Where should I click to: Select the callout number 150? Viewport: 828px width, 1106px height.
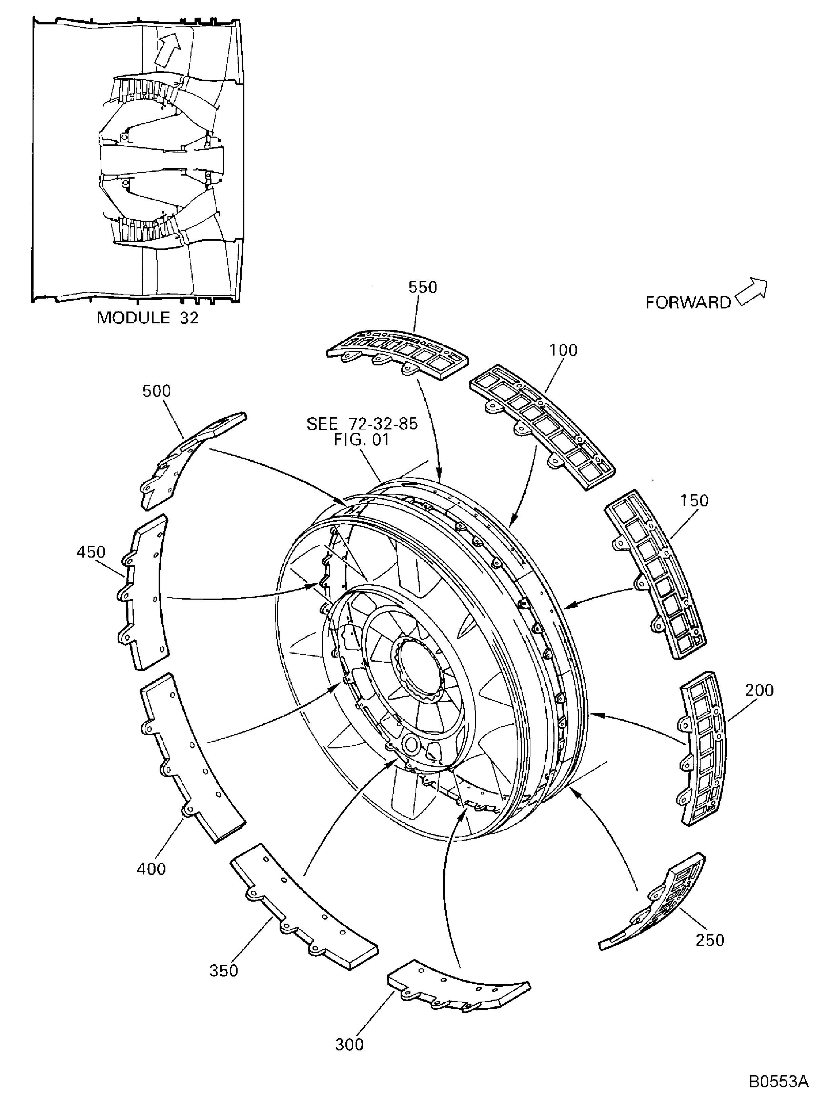[694, 501]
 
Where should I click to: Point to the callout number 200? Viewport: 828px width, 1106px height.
[759, 690]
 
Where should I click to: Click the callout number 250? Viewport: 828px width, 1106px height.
[709, 940]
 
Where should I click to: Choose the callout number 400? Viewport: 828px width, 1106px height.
[151, 868]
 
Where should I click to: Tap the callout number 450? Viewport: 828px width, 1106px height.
[91, 552]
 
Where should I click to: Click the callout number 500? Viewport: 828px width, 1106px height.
[157, 391]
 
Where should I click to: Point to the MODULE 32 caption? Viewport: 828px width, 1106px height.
[147, 318]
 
